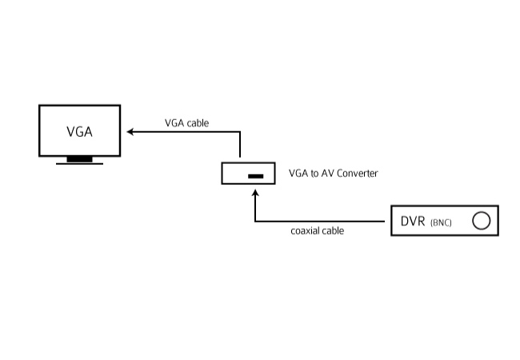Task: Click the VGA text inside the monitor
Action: pos(79,132)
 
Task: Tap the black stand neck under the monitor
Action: pos(79,159)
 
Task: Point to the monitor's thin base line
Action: pos(79,164)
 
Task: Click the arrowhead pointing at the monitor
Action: pos(130,132)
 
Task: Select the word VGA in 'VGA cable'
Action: pos(174,123)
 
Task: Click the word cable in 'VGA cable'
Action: pos(198,123)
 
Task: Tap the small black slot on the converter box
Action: pos(256,176)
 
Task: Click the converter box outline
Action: pos(222,173)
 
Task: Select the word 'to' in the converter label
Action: pos(314,174)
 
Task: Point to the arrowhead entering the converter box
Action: pos(255,194)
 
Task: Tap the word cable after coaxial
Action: pos(333,230)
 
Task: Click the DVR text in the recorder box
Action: pos(413,221)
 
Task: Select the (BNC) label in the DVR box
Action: pos(441,222)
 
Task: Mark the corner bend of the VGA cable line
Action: pos(240,132)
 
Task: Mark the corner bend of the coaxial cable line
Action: pos(255,221)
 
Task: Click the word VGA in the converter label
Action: pos(298,174)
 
